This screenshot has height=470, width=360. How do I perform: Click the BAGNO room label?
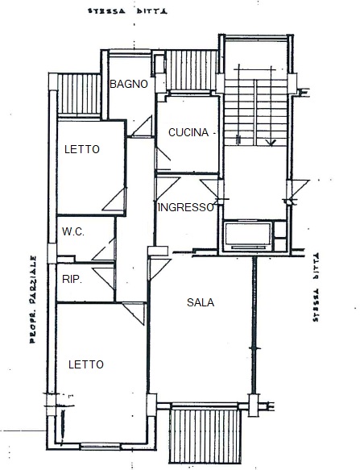pos(129,84)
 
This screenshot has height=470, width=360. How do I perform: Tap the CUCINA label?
pos(188,132)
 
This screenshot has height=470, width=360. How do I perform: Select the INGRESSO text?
pos(186,207)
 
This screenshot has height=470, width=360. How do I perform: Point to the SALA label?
pos(201,302)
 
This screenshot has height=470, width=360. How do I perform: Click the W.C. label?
pos(73,231)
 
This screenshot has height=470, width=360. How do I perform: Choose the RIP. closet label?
pos(72,280)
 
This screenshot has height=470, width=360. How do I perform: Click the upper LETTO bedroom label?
pos(82,149)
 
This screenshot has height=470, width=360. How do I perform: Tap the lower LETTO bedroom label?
pos(86,364)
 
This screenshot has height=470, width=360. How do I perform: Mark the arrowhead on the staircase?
pos(271,143)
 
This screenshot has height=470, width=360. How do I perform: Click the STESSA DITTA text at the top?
pos(127,11)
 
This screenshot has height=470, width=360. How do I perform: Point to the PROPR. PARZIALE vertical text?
pos(33,299)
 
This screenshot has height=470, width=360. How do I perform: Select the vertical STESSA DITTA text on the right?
pos(316,288)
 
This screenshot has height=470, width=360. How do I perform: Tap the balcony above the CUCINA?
pos(192,70)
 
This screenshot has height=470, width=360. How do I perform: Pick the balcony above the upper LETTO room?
pos(79,94)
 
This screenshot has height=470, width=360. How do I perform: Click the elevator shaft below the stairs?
pos(248,235)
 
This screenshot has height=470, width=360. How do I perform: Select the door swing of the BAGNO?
pos(142,127)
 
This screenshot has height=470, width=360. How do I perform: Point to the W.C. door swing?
pos(103,249)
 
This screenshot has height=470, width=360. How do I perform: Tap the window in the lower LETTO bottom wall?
pos(101,447)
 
